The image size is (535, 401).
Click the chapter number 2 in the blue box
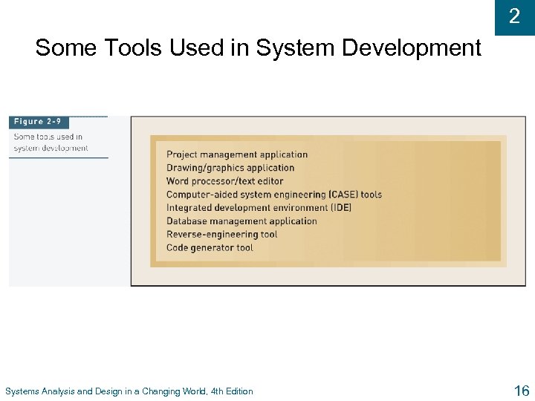tap(514, 16)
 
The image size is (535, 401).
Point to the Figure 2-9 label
tap(38, 122)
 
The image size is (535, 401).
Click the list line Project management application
tap(236, 154)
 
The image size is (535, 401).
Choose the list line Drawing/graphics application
tap(230, 168)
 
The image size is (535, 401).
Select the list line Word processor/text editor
tap(224, 181)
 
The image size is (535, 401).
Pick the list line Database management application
tap(241, 221)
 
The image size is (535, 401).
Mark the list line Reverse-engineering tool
tap(221, 235)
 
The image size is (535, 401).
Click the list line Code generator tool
tap(210, 248)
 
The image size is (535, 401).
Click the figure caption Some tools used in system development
tap(51, 142)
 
